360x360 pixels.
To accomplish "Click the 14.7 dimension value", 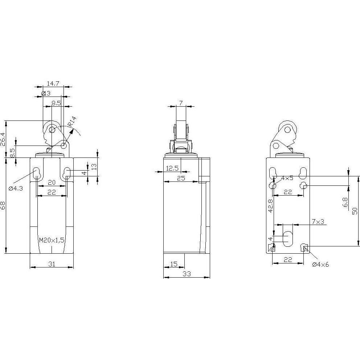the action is coord(53,83).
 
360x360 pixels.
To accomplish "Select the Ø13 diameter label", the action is coord(46,93).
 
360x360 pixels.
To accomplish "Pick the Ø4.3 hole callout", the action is coord(16,189).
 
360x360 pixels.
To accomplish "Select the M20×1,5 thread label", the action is coord(52,240).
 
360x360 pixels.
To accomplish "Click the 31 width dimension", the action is coord(52,264).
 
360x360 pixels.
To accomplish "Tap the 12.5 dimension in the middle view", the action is coord(172,168).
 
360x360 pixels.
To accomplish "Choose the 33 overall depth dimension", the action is coord(187,274).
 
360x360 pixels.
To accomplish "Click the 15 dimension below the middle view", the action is coord(174,264).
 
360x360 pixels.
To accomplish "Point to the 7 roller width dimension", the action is coord(181,103).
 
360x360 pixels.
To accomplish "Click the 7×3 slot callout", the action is coord(318,222).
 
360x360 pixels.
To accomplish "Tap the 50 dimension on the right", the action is coord(355,211).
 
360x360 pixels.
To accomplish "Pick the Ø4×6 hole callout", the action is coord(320,265).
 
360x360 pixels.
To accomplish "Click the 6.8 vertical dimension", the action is coord(345,202).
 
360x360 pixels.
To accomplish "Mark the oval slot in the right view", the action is coord(288,239).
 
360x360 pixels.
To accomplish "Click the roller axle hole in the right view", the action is coord(287,130).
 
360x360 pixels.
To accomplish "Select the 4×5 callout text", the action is coord(287,178).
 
